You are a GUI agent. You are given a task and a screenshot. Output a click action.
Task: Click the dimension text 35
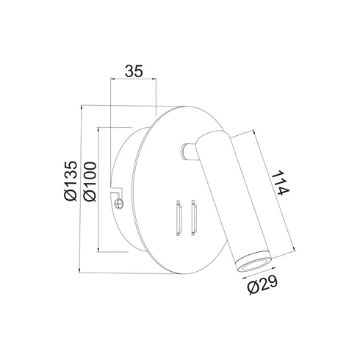(x=133, y=71)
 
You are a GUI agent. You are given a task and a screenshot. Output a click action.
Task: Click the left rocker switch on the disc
(x=177, y=218)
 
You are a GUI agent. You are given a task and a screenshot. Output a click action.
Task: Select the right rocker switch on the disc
(x=193, y=218)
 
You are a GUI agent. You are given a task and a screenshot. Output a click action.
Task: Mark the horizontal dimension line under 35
(x=133, y=80)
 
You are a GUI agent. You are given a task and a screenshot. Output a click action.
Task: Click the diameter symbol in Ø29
(x=252, y=287)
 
